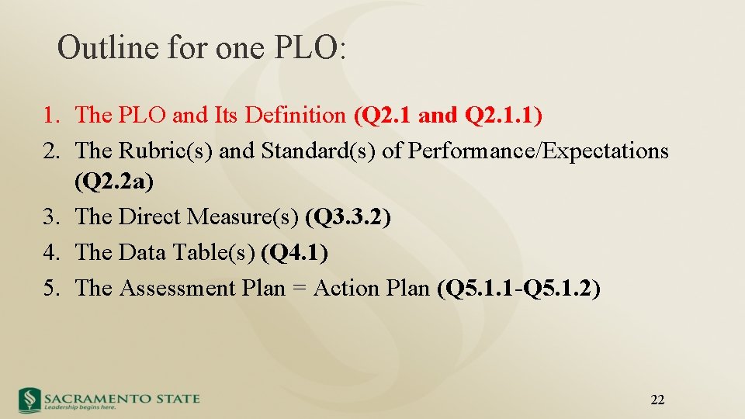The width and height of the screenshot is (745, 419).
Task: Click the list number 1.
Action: point(50,116)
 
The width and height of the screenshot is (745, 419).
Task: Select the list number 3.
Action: point(50,217)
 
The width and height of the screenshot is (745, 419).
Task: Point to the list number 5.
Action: point(50,288)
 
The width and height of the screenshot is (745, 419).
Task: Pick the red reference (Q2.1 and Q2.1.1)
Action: point(448,116)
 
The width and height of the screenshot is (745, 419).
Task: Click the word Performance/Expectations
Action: point(538,151)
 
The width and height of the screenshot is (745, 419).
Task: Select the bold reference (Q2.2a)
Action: point(114,183)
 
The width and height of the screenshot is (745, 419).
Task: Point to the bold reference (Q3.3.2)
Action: point(348,217)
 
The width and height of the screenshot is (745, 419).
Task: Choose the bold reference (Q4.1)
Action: point(295,252)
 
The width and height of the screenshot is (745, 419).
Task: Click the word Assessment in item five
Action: point(178,288)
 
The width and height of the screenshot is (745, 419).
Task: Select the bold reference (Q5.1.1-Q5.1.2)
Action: point(518,288)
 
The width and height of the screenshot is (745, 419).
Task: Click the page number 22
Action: point(657,400)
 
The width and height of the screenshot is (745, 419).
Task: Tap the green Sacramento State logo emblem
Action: point(29,399)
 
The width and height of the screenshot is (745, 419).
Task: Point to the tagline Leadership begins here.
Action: point(80,407)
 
